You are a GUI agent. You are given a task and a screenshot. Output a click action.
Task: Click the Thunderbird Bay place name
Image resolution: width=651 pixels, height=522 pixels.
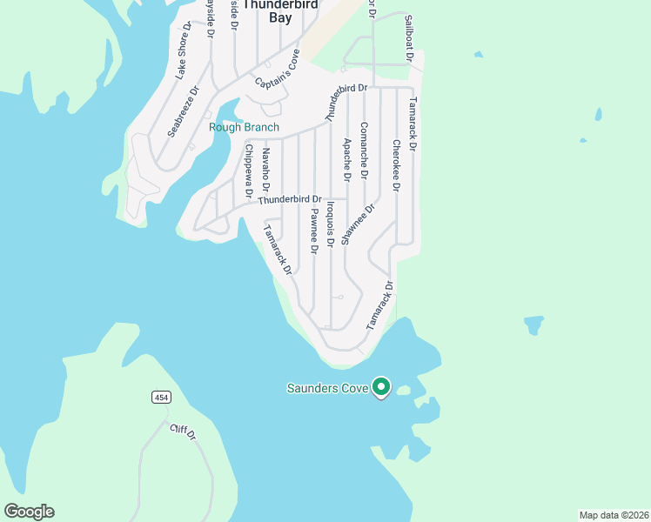(267, 10)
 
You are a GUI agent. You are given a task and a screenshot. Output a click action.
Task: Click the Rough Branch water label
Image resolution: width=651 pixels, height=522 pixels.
(245, 128)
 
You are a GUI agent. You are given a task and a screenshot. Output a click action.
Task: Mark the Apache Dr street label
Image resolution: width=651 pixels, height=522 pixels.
(347, 159)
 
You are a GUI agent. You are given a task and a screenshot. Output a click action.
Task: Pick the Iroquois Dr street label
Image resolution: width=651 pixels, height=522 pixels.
(330, 224)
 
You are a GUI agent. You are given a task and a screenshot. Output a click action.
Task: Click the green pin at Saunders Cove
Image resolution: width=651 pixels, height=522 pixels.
(380, 386)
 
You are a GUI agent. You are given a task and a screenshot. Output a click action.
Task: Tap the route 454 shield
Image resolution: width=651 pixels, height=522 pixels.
(160, 398)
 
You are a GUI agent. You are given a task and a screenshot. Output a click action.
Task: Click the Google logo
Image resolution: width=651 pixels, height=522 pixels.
(29, 512)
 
